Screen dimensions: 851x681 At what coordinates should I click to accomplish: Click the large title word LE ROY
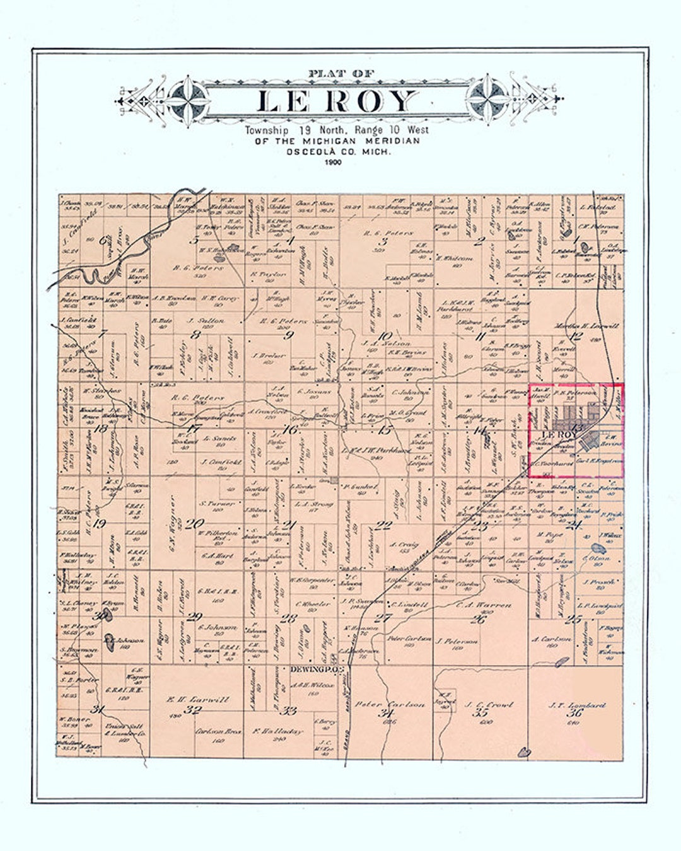[337, 101]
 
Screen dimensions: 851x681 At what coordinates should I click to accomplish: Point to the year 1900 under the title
[332, 163]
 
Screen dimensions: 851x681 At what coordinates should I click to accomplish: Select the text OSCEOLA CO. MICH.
[337, 152]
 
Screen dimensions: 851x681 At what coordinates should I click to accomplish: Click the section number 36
[574, 714]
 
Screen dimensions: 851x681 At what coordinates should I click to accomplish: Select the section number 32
[192, 710]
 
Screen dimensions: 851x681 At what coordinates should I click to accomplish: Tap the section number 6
[103, 240]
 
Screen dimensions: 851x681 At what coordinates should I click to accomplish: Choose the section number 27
[383, 618]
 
